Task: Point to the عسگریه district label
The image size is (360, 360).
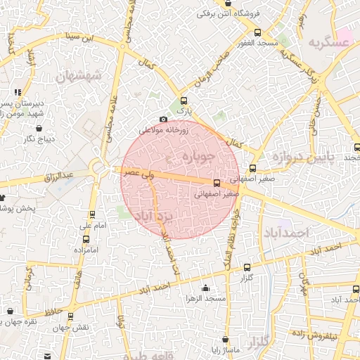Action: click(328, 43)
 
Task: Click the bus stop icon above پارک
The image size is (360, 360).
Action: click(184, 101)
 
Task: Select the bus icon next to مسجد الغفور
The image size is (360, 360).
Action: click(257, 32)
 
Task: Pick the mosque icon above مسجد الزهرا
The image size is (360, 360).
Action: click(205, 288)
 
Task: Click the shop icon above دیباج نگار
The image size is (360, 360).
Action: click(39, 129)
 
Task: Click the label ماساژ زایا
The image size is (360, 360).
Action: click(228, 349)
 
